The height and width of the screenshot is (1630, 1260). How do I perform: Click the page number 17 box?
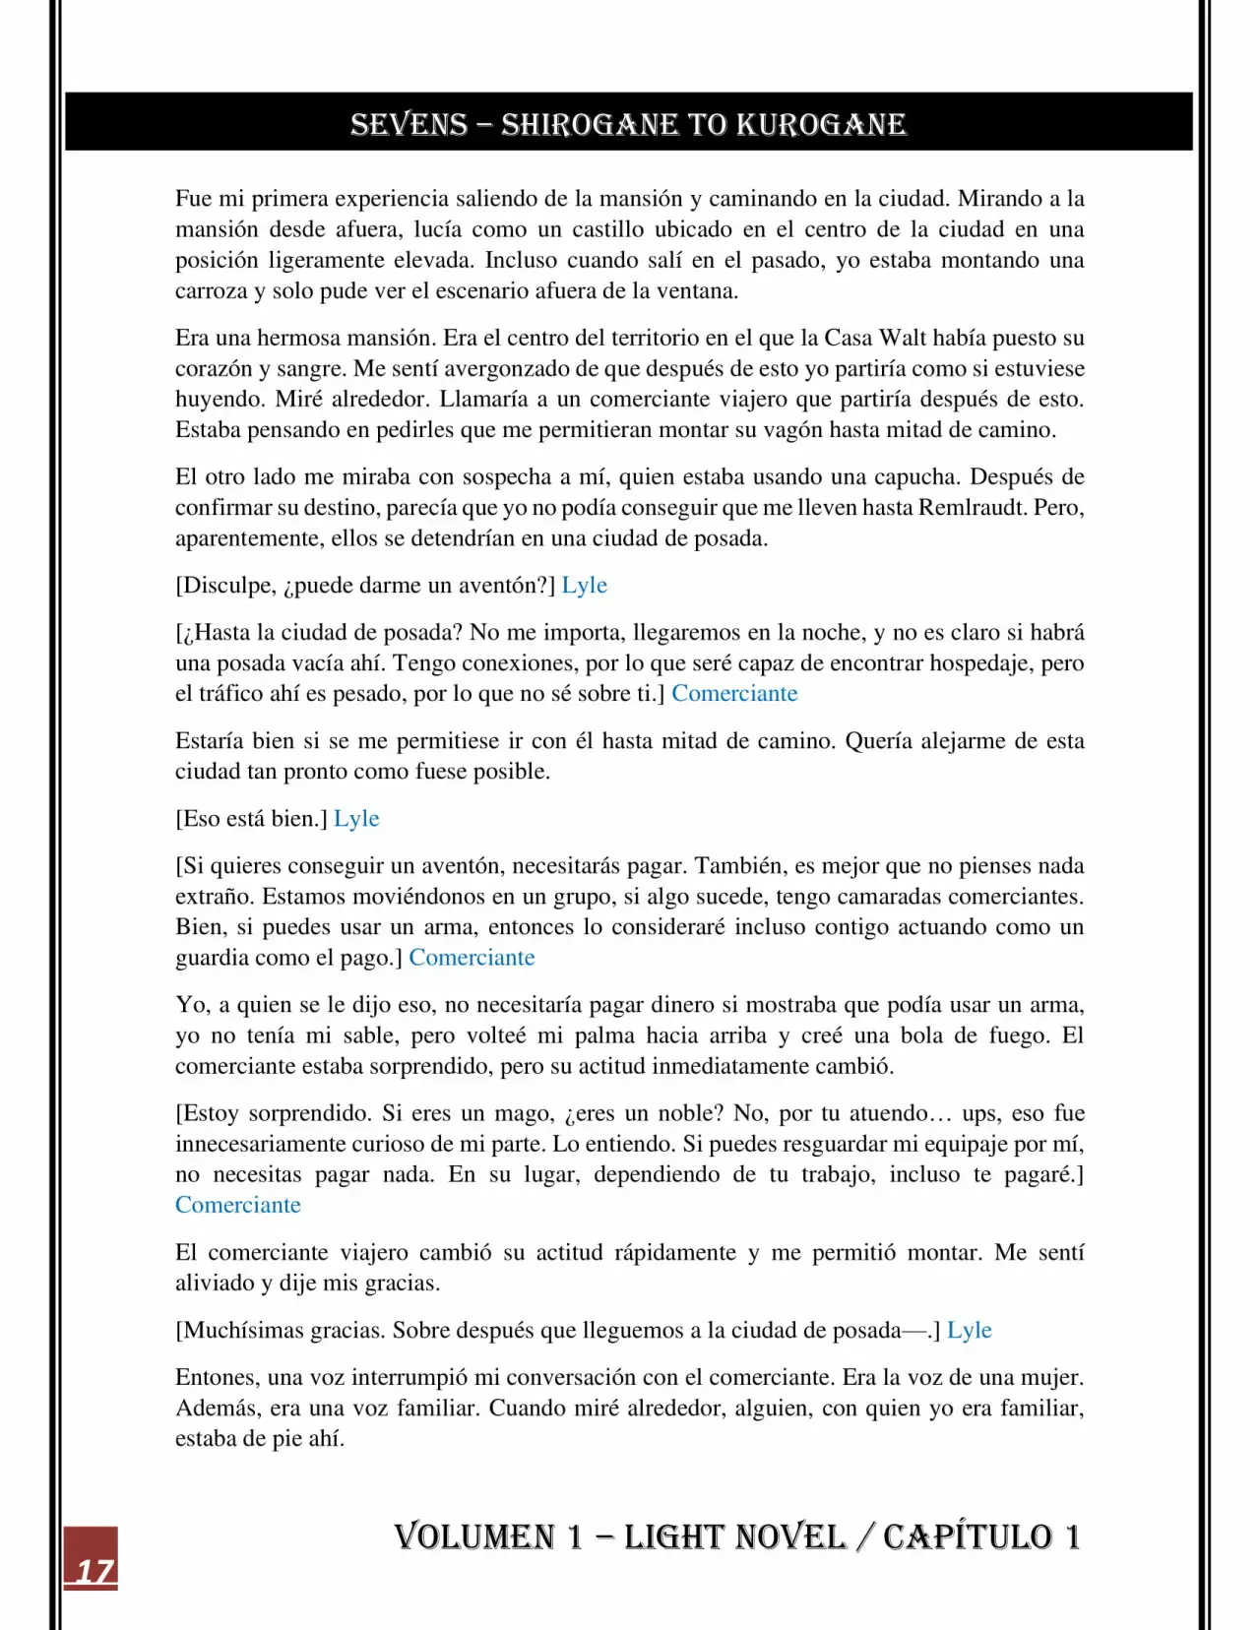(91, 1558)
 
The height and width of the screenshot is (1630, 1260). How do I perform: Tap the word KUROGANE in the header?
(821, 125)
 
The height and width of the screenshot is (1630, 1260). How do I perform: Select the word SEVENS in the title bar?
(409, 125)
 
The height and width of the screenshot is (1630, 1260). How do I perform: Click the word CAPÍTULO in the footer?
(967, 1536)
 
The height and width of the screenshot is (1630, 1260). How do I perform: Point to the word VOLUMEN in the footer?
(474, 1536)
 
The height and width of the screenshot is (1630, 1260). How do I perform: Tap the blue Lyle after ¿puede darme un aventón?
(584, 586)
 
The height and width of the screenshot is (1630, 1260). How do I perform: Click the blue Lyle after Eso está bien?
(356, 819)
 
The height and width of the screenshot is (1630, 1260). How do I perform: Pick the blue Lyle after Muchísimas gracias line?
(969, 1331)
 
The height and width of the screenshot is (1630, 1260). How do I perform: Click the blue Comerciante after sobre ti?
(734, 694)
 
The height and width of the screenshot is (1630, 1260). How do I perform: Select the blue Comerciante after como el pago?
(472, 958)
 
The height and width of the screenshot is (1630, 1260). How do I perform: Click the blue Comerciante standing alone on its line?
(238, 1206)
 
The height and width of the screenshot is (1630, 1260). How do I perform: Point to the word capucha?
(915, 477)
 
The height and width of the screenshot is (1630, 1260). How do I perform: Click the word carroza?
(211, 291)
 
